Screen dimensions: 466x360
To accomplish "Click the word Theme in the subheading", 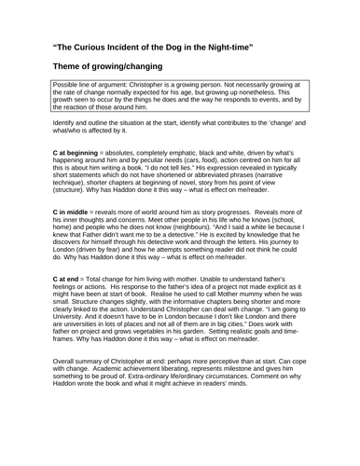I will pos(71,68).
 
